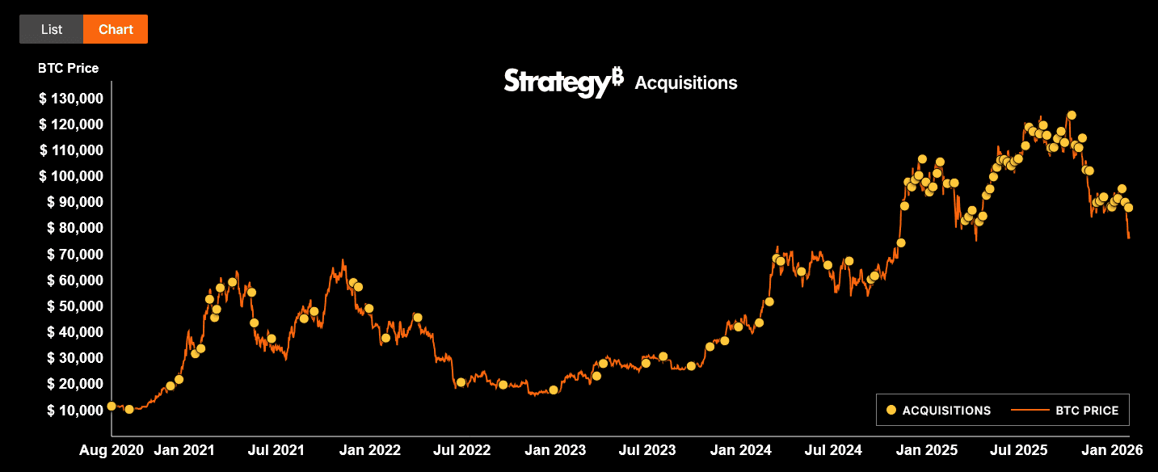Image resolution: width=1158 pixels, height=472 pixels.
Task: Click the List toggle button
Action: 52,29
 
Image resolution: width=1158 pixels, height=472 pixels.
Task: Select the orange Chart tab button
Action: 116,29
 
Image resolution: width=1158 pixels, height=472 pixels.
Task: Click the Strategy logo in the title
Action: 563,82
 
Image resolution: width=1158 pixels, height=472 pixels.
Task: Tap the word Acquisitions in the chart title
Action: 686,82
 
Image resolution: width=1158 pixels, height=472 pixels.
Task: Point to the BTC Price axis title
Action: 68,68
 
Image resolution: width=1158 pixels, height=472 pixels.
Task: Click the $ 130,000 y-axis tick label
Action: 70,99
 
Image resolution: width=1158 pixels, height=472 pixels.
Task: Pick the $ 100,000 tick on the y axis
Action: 70,176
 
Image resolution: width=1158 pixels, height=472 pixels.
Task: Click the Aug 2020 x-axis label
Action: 111,450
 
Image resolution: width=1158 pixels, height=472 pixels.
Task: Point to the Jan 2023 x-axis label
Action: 558,450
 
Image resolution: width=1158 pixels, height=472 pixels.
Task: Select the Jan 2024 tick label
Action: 743,450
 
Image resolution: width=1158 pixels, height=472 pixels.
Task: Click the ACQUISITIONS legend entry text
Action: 946,411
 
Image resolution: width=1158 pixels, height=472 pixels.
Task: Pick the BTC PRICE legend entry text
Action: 1087,411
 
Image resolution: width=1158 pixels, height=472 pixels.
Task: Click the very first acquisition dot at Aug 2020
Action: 112,406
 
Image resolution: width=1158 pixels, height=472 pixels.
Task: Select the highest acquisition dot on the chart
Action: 1072,116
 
